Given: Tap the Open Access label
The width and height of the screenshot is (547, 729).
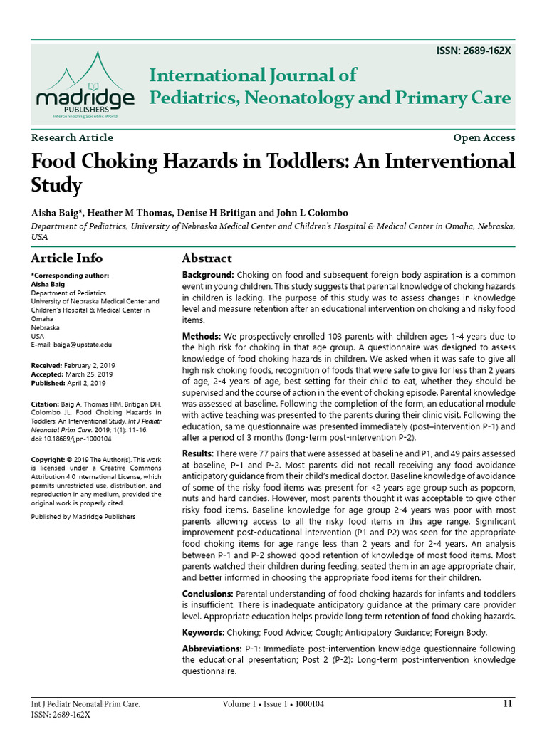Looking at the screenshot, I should click(484, 138).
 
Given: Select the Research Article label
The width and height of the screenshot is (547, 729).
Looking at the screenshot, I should click(72, 138).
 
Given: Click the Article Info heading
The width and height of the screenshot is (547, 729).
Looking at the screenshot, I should click(66, 258).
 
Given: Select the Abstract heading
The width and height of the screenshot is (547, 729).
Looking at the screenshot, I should click(207, 258).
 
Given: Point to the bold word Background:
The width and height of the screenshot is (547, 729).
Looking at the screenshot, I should click(208, 275).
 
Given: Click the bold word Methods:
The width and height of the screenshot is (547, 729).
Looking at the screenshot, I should click(202, 336).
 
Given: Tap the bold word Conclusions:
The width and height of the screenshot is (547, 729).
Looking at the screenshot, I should click(207, 594).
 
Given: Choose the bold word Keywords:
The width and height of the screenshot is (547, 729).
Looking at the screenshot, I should click(203, 632).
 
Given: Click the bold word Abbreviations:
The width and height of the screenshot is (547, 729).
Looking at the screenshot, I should click(212, 649).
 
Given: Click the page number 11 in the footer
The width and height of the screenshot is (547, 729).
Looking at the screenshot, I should click(507, 704).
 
